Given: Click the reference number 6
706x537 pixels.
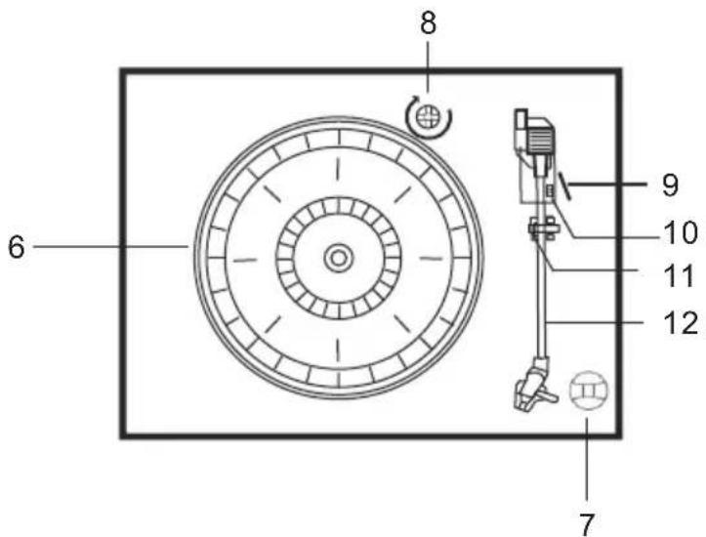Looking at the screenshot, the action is pos(17,247).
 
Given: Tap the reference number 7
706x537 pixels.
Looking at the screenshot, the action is pos(586,523).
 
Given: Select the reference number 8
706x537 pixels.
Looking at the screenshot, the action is pos(429,23).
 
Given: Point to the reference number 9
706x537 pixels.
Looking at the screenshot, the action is pos(671,185).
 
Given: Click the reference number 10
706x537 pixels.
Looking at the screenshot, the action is pos(680,232).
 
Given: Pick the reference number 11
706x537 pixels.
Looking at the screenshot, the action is pos(679,275).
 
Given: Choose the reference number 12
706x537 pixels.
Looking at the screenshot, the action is pos(681,323).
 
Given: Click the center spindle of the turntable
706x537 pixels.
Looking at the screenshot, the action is pos(338,258).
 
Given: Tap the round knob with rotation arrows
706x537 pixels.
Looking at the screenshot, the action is pos(429,117).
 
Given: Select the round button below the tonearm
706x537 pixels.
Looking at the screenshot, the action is pos(589,391).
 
